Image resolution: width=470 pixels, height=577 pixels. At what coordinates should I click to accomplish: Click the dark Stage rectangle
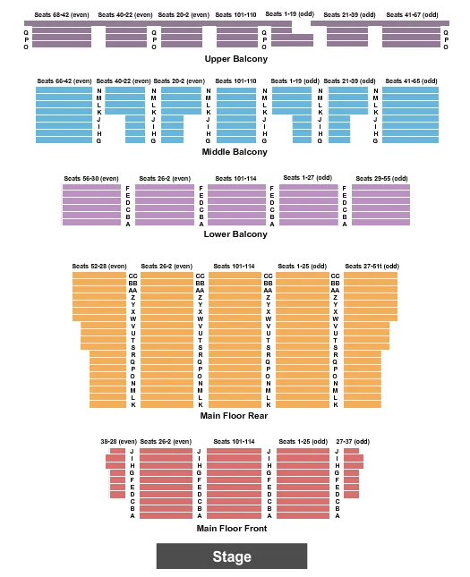232,556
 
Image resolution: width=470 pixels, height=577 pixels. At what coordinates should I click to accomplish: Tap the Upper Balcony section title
235,59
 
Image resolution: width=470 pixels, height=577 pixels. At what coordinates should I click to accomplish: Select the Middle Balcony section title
235,152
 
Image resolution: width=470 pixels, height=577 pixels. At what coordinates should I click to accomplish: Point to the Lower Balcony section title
235,234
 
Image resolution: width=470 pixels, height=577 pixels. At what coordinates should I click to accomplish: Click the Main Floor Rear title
235,415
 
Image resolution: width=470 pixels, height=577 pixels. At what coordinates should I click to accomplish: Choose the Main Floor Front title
232,528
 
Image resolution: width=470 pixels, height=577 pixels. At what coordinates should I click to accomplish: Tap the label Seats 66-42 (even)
64,81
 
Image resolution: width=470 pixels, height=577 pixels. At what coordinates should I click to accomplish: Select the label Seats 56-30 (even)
90,178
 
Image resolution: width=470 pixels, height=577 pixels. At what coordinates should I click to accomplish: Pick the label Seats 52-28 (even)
99,266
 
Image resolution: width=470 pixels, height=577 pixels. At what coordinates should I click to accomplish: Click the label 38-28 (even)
118,441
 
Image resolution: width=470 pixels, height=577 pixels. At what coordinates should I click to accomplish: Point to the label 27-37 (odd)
351,441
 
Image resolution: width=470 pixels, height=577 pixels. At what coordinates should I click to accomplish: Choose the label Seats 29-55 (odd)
380,178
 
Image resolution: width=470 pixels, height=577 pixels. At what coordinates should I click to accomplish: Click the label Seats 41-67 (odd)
412,15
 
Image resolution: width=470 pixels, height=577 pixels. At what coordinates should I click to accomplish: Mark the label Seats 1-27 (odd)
308,178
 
